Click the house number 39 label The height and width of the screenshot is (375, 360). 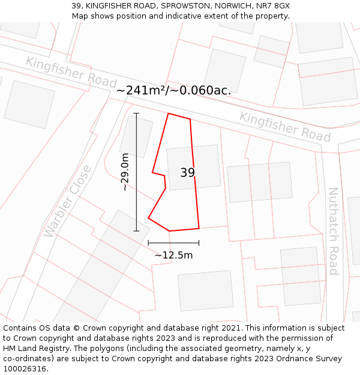[188, 173]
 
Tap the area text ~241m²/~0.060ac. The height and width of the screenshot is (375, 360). [173, 91]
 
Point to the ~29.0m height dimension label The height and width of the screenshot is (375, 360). [125, 172]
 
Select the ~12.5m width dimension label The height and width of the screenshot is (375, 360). [173, 255]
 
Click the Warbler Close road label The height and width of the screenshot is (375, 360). [68, 200]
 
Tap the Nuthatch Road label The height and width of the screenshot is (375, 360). [333, 231]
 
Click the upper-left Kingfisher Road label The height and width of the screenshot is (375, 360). [71, 71]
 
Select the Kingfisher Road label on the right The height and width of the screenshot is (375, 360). [284, 127]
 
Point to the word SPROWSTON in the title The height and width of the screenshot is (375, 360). [185, 5]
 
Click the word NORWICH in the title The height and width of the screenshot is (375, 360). [232, 5]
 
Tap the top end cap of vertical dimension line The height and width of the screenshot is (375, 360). [136, 113]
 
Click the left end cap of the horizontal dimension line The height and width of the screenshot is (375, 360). [148, 243]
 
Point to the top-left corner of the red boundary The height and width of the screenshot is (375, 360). [168, 113]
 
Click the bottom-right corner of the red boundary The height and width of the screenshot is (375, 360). [199, 228]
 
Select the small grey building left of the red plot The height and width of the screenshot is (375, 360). [136, 136]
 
